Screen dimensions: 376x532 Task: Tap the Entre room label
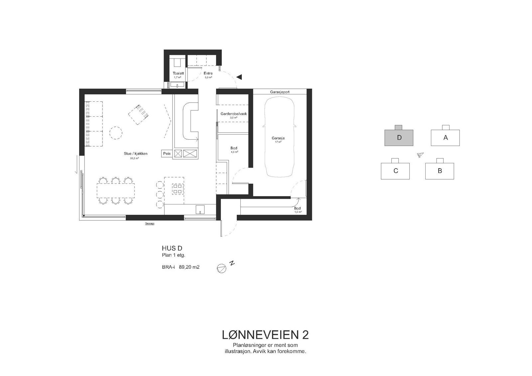(x=208, y=73)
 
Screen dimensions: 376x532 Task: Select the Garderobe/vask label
(x=233, y=114)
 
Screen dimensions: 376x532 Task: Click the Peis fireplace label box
(x=167, y=154)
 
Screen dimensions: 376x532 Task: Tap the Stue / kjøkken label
(x=134, y=154)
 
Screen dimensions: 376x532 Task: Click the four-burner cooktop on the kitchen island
(x=177, y=189)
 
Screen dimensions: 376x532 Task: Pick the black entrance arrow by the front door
(x=239, y=77)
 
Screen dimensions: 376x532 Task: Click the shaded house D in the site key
(x=399, y=138)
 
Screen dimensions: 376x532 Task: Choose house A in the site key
(x=445, y=138)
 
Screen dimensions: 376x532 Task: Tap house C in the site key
(x=395, y=171)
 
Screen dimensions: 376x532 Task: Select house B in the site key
(x=440, y=171)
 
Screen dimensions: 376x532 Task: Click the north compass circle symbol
(x=221, y=268)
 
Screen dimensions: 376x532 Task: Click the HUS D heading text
(x=172, y=248)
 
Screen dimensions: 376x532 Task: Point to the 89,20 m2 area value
(x=189, y=267)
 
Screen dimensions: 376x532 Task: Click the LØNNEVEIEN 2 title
(x=265, y=335)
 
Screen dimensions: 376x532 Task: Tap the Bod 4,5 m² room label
(x=234, y=148)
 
